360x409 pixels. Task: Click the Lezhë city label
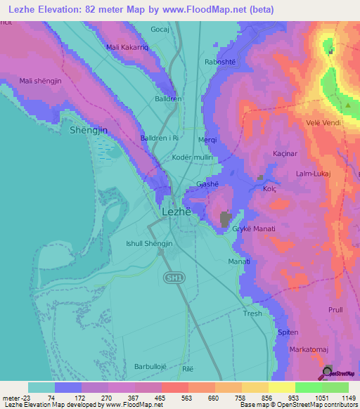177,211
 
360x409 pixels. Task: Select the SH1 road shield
173,278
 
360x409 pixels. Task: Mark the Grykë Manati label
253,230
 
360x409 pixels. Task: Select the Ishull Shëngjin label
148,243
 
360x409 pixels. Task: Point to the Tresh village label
252,313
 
